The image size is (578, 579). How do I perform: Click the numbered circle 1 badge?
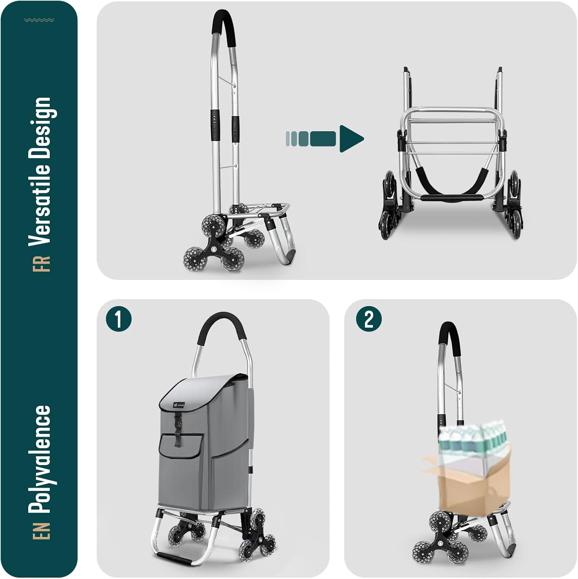point(119,319)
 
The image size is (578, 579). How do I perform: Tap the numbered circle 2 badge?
point(369,319)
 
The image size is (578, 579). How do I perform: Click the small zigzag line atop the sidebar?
point(39,20)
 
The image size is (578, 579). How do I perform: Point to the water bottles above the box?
point(473,438)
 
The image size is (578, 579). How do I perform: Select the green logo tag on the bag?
point(179,405)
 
